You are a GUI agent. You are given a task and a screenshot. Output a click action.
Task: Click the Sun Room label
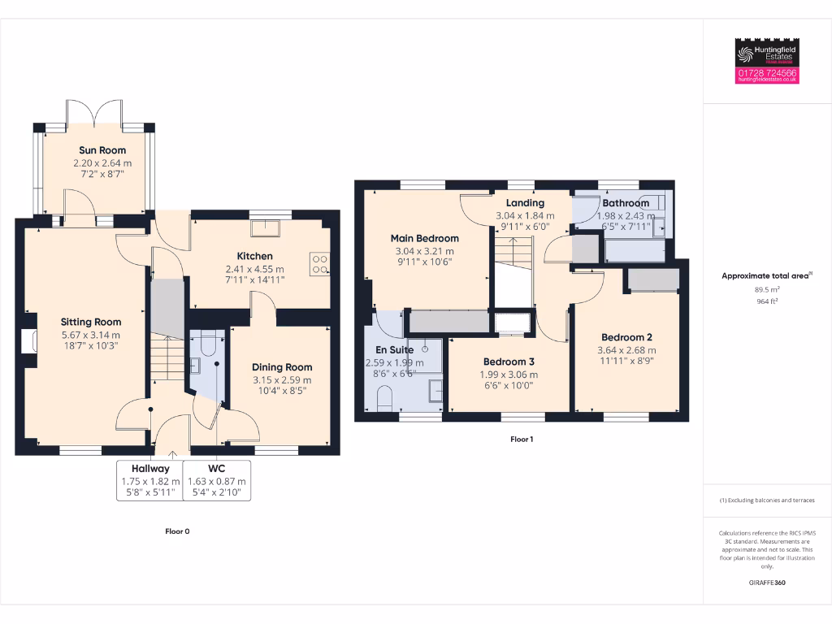pyautogui.click(x=96, y=150)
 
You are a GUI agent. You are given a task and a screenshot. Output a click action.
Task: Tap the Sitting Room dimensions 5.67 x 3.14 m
pyautogui.click(x=91, y=335)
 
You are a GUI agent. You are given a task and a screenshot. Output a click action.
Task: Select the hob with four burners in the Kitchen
pyautogui.click(x=319, y=262)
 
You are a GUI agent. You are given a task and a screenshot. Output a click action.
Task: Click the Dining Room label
pyautogui.click(x=281, y=367)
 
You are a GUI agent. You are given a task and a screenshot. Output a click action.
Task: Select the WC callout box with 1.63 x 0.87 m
pyautogui.click(x=216, y=481)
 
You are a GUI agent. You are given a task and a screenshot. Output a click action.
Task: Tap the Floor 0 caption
pyautogui.click(x=177, y=531)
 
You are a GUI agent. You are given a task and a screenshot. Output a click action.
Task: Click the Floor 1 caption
pyautogui.click(x=522, y=439)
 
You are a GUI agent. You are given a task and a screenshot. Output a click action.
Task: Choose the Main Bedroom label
pyautogui.click(x=424, y=238)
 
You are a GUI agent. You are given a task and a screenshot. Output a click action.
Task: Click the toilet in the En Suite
pyautogui.click(x=385, y=399)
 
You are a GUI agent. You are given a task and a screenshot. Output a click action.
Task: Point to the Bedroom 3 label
pyautogui.click(x=509, y=362)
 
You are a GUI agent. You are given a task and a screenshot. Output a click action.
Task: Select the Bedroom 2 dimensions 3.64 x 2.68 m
pyautogui.click(x=627, y=350)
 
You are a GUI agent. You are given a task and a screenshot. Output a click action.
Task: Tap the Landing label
pyautogui.click(x=525, y=203)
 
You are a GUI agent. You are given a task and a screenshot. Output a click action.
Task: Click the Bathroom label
pyautogui.click(x=626, y=202)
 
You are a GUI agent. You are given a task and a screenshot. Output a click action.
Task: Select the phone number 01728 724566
pyautogui.click(x=767, y=73)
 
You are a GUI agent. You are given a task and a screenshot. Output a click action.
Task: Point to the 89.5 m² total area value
pyautogui.click(x=767, y=288)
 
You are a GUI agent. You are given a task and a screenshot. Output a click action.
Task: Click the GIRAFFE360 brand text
pyautogui.click(x=767, y=583)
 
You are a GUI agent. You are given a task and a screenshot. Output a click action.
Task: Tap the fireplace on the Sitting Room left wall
pyautogui.click(x=32, y=340)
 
